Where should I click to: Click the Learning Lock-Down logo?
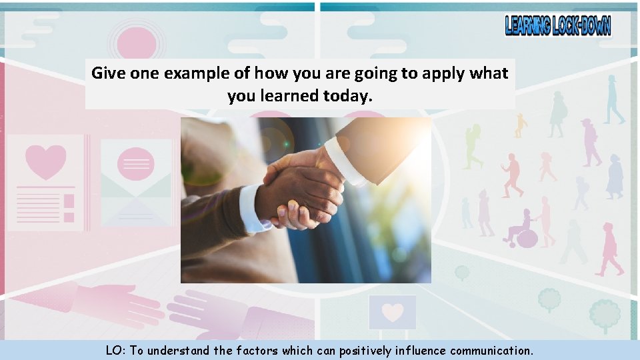click(x=557, y=25)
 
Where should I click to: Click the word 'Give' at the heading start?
click(x=107, y=73)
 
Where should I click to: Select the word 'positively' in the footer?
click(x=365, y=351)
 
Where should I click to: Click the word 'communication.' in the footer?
click(x=491, y=351)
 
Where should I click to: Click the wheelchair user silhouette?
click(x=523, y=230)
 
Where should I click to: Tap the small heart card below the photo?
click(x=393, y=312)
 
